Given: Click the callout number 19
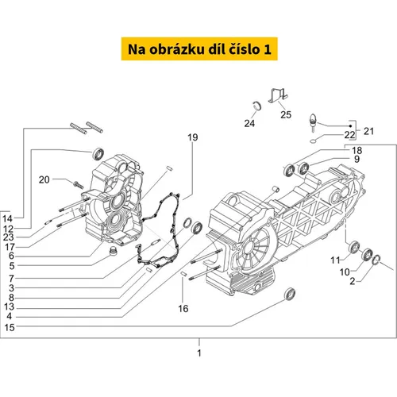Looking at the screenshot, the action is (193, 137).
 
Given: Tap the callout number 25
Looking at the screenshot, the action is (286, 114).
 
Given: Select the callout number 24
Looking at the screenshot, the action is (249, 123).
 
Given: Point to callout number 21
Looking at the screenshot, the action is (368, 131).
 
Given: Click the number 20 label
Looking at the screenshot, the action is (44, 179).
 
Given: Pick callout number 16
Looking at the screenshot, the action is (183, 308).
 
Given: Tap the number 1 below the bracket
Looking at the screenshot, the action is (199, 353).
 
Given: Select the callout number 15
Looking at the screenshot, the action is (10, 327).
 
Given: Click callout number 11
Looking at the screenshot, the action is (335, 260).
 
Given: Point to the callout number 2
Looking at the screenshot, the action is (353, 281).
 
